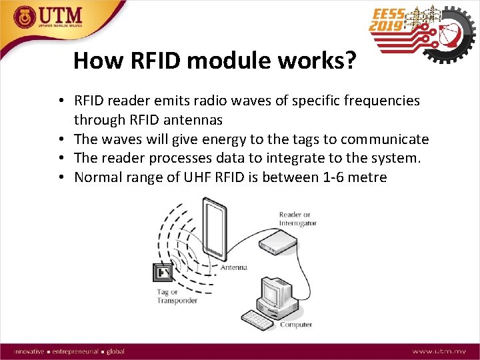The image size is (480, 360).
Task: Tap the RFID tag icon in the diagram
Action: pos(163,273)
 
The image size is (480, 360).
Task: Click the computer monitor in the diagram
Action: pos(275,291)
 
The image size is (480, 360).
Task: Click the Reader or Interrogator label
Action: pos(298,219)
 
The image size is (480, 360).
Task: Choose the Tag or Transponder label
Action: pos(177,296)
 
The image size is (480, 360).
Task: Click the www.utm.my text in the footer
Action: pos(439,351)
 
